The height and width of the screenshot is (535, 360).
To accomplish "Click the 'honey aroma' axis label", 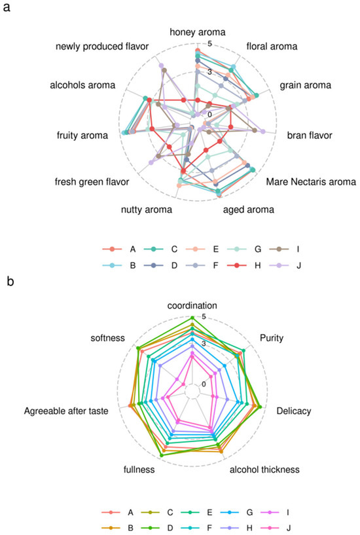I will pyautogui.click(x=197, y=32).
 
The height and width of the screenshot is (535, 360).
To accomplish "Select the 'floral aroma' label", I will pyautogui.click(x=272, y=46).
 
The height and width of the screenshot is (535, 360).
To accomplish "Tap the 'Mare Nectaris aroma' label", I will pyautogui.click(x=312, y=181).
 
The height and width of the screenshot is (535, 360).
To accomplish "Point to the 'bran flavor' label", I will pyautogui.click(x=310, y=136).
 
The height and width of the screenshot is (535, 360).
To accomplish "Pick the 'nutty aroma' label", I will pyautogui.click(x=147, y=210).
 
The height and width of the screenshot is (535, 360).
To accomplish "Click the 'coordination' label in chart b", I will pyautogui.click(x=192, y=305).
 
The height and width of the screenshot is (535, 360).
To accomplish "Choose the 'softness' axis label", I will pyautogui.click(x=109, y=340).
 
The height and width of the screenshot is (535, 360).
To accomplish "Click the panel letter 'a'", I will pyautogui.click(x=8, y=9).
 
